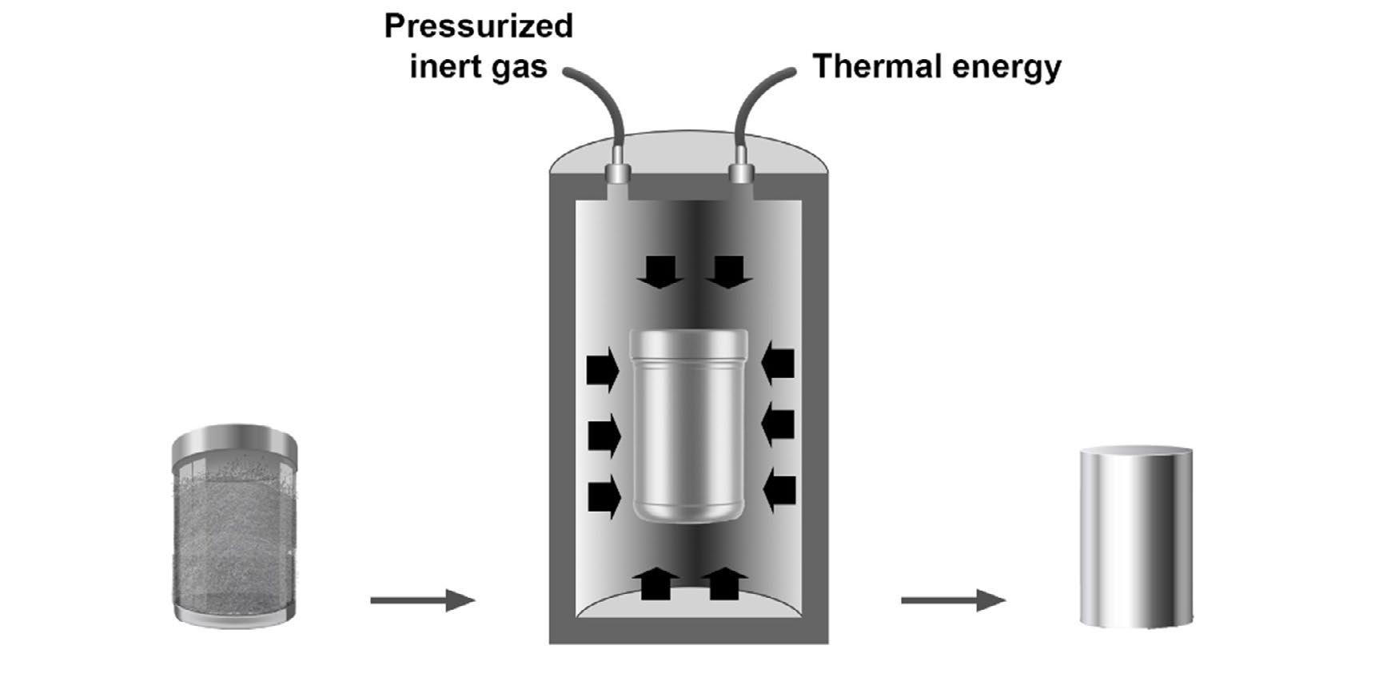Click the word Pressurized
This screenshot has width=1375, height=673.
[478, 26]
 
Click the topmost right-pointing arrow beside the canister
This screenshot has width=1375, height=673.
[602, 369]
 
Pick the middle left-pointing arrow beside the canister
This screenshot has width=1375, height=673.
[779, 424]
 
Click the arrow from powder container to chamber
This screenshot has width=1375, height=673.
[422, 600]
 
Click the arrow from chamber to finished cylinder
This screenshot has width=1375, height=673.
[953, 600]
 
